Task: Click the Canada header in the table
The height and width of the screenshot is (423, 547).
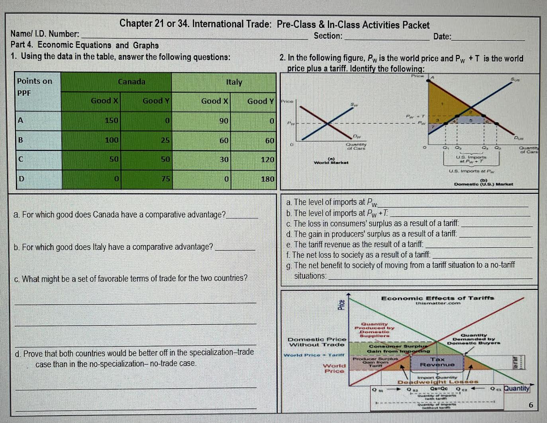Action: tap(131, 82)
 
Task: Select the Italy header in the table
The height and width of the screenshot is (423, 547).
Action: tap(234, 82)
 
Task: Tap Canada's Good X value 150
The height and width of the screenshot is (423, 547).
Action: tap(112, 120)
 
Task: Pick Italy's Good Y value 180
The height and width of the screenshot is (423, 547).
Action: tap(267, 179)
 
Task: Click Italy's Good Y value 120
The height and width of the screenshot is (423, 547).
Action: tap(267, 159)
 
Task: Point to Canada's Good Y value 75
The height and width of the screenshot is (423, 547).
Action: tap(165, 179)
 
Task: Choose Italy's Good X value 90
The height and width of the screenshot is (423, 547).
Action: tap(224, 120)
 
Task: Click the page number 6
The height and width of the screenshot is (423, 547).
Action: tap(530, 405)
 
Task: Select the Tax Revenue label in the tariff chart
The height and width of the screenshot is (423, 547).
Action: tap(437, 362)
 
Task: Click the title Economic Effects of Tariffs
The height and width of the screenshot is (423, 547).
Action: tap(437, 298)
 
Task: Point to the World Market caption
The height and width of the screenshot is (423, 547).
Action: tap(331, 162)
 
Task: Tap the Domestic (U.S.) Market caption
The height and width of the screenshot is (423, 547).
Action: tap(483, 184)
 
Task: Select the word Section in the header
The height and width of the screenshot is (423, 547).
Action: tap(327, 36)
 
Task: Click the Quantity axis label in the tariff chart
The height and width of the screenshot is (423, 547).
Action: tap(516, 388)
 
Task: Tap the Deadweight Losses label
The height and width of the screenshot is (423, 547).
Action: tap(437, 382)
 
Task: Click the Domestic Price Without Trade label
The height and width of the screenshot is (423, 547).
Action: tap(317, 342)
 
